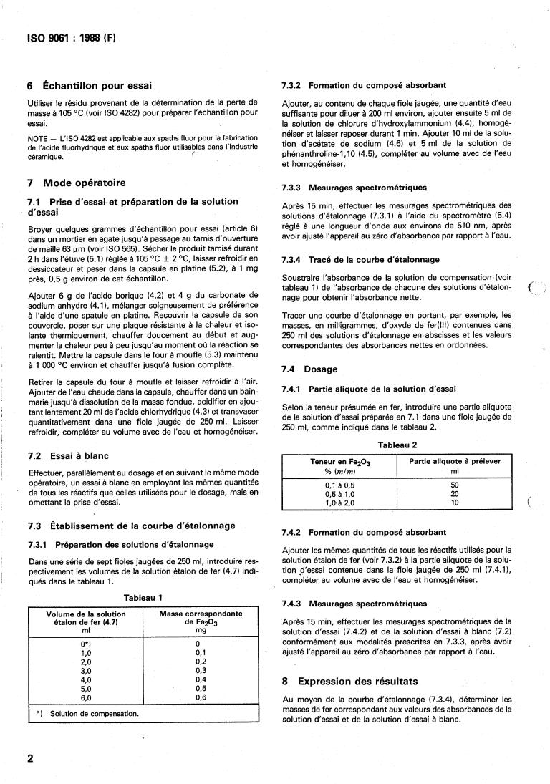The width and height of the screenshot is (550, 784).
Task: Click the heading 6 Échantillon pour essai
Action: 88,85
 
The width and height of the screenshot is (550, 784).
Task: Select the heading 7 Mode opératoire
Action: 75,183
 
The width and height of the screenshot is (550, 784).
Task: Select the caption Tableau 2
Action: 397,445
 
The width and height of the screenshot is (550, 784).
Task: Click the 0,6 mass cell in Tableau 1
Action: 201,697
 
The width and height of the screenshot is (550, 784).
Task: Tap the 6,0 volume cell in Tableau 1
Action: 85,697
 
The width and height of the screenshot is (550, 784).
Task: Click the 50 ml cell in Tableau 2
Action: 455,485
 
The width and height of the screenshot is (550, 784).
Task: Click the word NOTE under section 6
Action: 36,137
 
